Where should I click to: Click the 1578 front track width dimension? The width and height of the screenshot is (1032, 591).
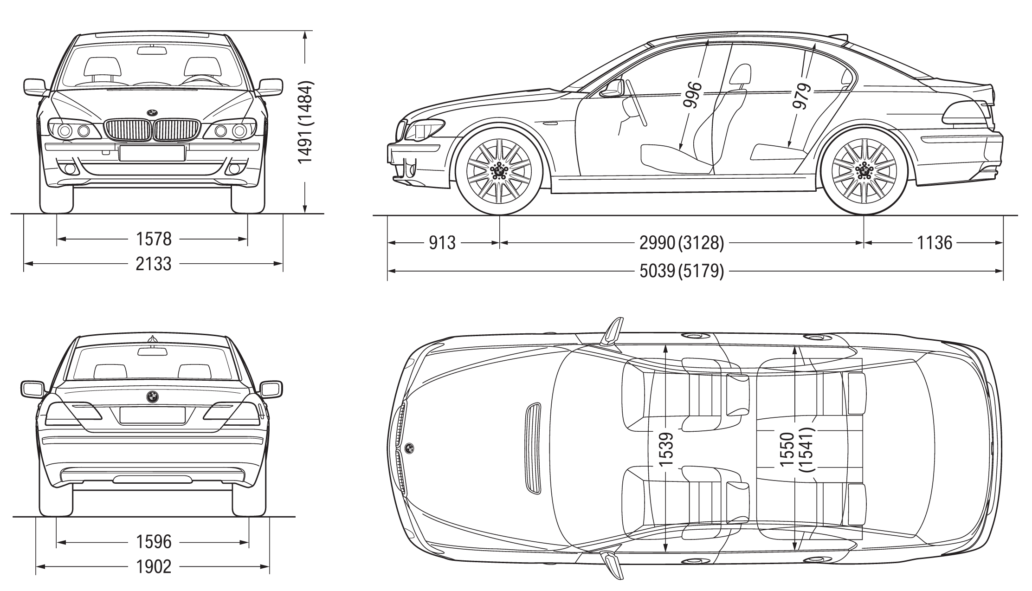point(154,240)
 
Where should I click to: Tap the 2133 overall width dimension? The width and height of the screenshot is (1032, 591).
point(154,264)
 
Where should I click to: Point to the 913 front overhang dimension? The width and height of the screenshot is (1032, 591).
point(442,243)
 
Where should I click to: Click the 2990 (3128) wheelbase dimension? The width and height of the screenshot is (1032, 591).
point(681,243)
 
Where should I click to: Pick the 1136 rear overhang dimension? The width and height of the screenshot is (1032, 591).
point(934,243)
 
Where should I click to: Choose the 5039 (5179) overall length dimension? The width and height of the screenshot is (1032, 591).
point(681,271)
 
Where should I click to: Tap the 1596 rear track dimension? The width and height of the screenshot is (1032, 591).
point(154,542)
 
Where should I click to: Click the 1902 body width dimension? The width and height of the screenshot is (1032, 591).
point(154,566)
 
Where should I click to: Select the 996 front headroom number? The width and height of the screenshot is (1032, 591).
point(692,95)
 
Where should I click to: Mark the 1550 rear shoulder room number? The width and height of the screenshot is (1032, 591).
point(787,450)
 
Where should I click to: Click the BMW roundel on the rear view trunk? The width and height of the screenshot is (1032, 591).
point(152,396)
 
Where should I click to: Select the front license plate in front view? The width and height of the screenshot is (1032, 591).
point(152,153)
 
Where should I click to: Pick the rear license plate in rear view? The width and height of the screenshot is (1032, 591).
point(152,415)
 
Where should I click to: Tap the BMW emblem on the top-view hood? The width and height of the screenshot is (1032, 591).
point(409,448)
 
